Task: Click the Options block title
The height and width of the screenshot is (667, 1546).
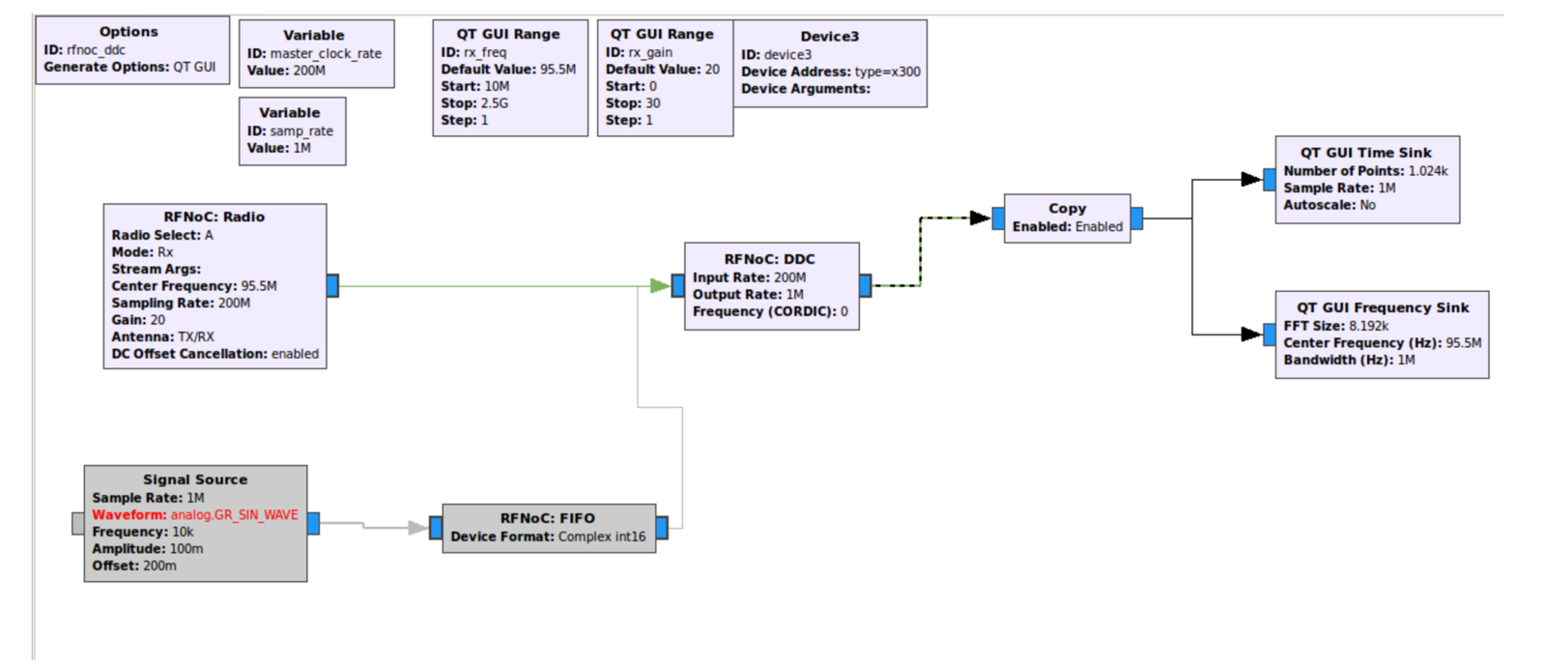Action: (129, 32)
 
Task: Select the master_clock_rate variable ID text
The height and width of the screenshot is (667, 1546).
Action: (326, 54)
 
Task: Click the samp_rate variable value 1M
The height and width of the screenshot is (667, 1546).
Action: (301, 148)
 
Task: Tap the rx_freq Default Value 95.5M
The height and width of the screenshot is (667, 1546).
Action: (558, 70)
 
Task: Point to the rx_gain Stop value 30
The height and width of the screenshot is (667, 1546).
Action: (653, 103)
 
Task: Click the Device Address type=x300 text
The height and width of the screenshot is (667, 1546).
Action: (887, 72)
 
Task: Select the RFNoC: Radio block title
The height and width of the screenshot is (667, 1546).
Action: (214, 217)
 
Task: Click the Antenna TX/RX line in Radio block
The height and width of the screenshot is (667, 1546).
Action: (162, 336)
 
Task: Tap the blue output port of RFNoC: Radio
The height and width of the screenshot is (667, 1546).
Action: (332, 285)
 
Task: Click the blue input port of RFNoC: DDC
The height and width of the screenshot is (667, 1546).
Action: (677, 285)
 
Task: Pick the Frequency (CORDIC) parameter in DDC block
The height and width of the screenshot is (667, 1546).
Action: (769, 311)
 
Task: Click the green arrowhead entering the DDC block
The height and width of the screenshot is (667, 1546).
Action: (660, 285)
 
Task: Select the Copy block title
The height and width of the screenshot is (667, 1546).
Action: (1067, 208)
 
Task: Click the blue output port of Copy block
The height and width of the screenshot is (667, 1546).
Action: (1136, 218)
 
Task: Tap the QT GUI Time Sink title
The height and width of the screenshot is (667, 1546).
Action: (1365, 153)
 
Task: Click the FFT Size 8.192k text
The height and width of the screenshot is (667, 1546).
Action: (1368, 326)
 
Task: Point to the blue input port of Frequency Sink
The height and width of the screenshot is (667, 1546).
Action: (1269, 334)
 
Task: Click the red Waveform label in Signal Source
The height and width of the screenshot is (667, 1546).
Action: (129, 515)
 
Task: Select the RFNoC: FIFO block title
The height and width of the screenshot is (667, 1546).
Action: (547, 518)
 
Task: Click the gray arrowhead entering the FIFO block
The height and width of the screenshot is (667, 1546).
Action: (417, 528)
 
